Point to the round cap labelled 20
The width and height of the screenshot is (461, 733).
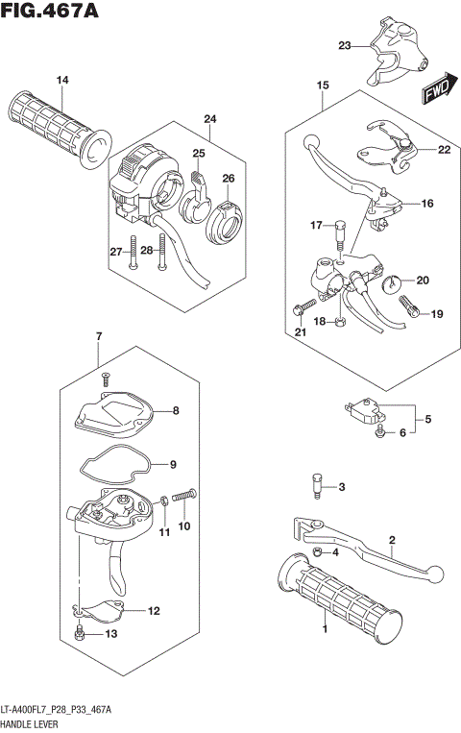click(x=395, y=284)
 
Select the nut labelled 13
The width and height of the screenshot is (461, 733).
click(x=83, y=634)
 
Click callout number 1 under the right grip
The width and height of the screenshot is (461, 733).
click(x=326, y=629)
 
